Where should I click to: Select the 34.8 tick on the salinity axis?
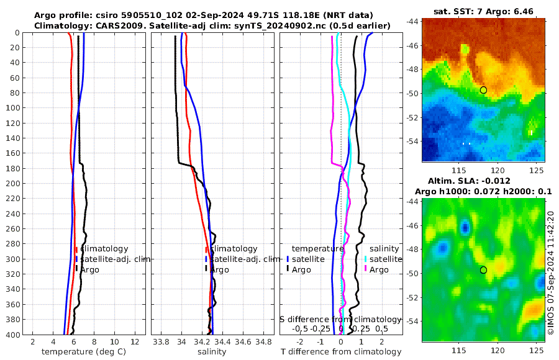tap(264, 341)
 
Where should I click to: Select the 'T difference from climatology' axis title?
tap(340, 352)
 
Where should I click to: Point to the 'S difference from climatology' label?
tap(340, 319)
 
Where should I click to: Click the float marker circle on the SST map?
tap(483, 90)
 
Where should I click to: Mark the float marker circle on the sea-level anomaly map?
tap(483, 270)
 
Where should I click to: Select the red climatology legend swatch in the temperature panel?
tap(76, 249)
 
